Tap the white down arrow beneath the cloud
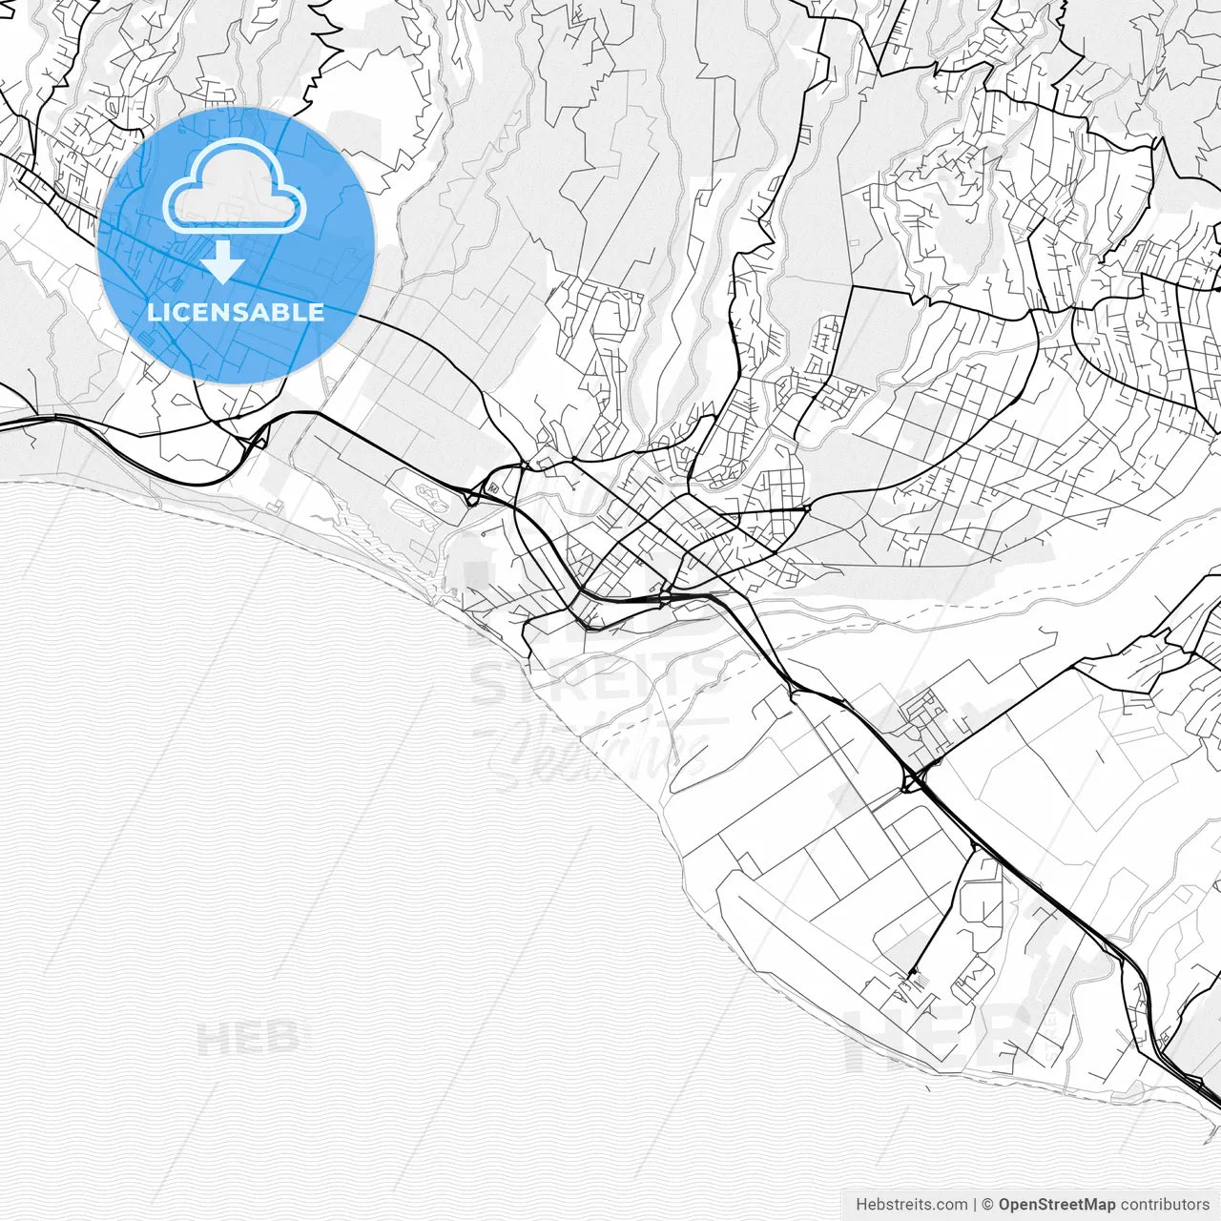[222, 262]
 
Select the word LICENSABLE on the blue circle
[236, 312]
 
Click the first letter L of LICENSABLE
[154, 312]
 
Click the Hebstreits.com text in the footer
[911, 1205]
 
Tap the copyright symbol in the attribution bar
[988, 1205]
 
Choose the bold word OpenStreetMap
[1057, 1205]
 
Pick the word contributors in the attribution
[1165, 1205]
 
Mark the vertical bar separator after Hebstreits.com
[974, 1205]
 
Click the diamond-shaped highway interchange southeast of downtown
[915, 779]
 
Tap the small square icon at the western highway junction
[492, 488]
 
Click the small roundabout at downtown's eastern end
[807, 508]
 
